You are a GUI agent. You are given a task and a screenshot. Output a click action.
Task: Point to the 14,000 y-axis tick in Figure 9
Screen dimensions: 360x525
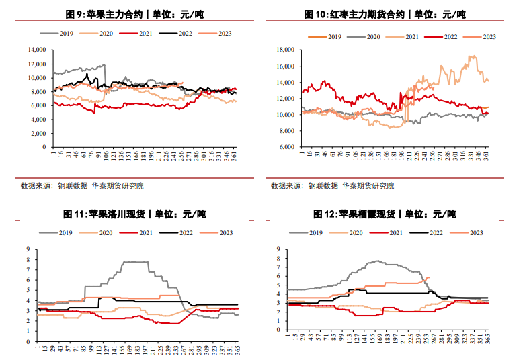pos(36,50)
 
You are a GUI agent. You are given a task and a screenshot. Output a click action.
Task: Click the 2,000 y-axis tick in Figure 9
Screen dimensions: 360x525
pos(38,133)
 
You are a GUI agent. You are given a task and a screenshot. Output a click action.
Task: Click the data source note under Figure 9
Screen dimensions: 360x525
pos(82,185)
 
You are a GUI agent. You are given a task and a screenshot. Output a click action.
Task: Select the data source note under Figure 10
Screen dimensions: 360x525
pos(332,185)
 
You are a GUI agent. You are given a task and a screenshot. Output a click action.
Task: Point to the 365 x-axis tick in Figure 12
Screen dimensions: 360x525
pos(488,339)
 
